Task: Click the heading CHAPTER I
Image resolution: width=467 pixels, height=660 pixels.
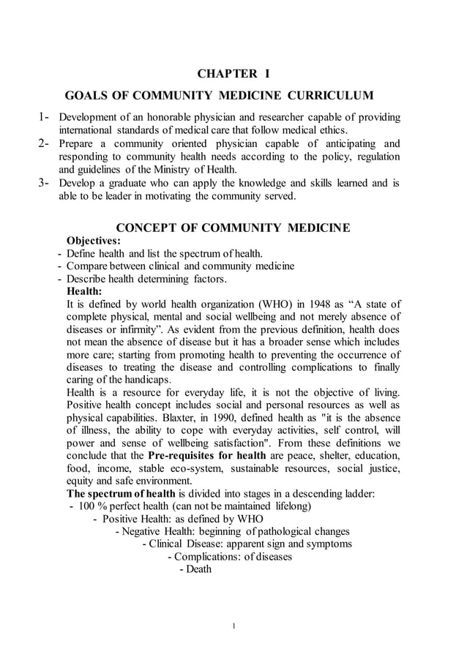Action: (234, 73)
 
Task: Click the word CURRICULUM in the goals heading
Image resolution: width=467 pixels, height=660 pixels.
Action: (329, 96)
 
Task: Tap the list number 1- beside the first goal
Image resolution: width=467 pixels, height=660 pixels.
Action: (43, 117)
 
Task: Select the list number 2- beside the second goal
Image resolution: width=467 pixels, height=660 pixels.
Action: (43, 143)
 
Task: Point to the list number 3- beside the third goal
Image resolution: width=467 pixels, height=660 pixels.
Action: (43, 183)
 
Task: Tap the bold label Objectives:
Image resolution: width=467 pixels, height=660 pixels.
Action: (94, 241)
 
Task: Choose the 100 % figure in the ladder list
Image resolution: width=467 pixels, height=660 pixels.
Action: (91, 506)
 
